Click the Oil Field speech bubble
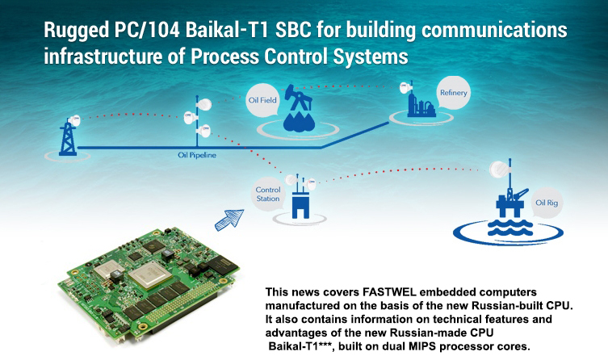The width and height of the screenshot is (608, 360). (x=262, y=100)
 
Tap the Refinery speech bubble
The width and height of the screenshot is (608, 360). (x=453, y=93)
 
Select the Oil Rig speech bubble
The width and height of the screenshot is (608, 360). (x=547, y=203)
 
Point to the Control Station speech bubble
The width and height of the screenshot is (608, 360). (x=268, y=195)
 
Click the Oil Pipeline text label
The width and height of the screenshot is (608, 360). (x=197, y=155)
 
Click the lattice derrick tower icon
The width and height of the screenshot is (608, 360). (x=68, y=139)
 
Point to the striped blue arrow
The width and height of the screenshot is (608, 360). (x=229, y=220)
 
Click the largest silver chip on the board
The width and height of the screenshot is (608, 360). (x=150, y=274)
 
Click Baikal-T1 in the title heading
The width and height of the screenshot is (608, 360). (x=227, y=30)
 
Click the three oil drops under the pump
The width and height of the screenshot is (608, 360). (x=299, y=121)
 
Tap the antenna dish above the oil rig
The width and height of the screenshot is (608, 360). (x=499, y=170)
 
